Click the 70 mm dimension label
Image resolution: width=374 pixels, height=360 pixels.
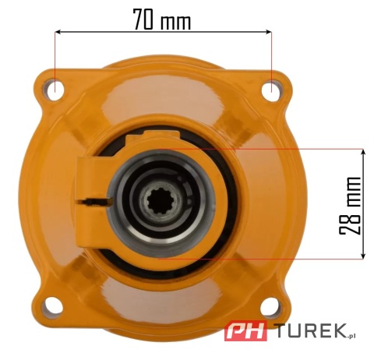[162, 19]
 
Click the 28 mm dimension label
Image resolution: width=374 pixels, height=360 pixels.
[350, 206]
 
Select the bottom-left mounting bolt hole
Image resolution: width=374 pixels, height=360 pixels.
[52, 307]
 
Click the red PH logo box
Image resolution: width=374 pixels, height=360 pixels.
[245, 330]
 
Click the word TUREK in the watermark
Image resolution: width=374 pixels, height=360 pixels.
[312, 330]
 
